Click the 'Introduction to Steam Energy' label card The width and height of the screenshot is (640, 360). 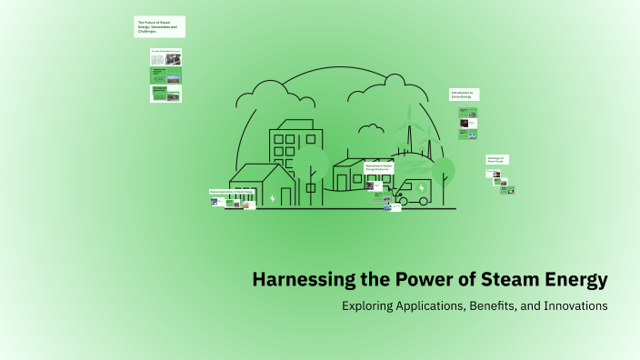click(x=464, y=95)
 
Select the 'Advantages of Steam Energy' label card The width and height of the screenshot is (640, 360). click(x=496, y=159)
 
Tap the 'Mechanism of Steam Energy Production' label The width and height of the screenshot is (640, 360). click(x=379, y=167)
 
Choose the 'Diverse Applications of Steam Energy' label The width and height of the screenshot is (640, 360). click(x=232, y=193)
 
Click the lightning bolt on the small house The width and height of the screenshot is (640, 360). click(x=272, y=196)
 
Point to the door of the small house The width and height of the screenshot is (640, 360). click(x=286, y=196)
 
